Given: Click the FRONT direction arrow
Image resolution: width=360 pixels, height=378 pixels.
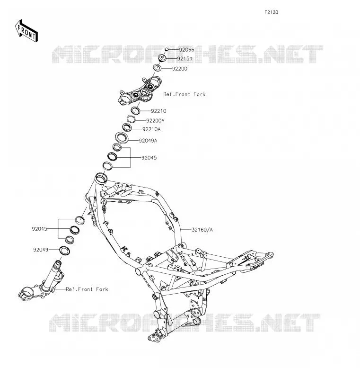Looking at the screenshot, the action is pyautogui.click(x=26, y=31).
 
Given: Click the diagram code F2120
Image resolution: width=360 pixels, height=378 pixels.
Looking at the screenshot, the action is pyautogui.click(x=271, y=12).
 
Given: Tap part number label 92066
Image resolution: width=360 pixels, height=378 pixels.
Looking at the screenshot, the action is pyautogui.click(x=186, y=50).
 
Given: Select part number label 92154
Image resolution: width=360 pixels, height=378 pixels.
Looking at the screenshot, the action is pyautogui.click(x=184, y=59).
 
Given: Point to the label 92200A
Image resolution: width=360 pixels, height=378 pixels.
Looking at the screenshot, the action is pyautogui.click(x=155, y=120).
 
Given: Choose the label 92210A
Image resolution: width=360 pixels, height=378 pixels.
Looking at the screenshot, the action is pyautogui.click(x=151, y=129).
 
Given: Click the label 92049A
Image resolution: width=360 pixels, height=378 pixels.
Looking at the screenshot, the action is pyautogui.click(x=148, y=141).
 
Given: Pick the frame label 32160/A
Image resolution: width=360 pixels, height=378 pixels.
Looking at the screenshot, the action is pyautogui.click(x=202, y=230).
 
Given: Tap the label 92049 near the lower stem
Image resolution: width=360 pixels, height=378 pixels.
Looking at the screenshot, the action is pyautogui.click(x=41, y=250).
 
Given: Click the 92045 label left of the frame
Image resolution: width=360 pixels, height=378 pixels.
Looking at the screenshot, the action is pyautogui.click(x=39, y=229).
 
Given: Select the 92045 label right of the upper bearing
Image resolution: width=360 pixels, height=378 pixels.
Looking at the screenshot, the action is pyautogui.click(x=149, y=158).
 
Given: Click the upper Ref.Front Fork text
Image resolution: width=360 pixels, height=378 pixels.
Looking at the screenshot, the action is pyautogui.click(x=184, y=94).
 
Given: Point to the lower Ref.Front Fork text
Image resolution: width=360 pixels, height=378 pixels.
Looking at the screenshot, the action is pyautogui.click(x=87, y=289).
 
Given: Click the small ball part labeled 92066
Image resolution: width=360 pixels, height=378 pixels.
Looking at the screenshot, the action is pyautogui.click(x=167, y=49).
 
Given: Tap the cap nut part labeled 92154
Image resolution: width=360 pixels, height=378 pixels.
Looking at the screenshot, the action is pyautogui.click(x=162, y=58).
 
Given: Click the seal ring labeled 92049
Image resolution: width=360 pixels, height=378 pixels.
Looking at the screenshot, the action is pyautogui.click(x=65, y=251).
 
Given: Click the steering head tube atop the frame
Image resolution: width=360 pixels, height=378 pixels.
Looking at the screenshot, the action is pyautogui.click(x=101, y=179).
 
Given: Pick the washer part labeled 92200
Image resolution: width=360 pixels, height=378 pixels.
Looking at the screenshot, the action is pyautogui.click(x=158, y=67).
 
